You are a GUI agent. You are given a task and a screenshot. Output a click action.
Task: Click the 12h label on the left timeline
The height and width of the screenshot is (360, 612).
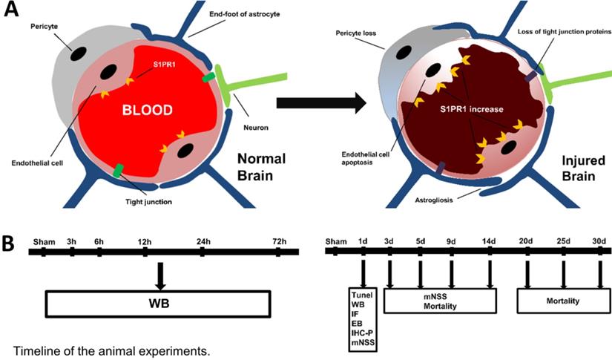point(145,241)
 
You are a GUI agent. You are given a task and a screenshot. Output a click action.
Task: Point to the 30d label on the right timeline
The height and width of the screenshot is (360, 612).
point(600,241)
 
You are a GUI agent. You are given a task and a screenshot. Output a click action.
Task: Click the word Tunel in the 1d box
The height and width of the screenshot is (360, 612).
point(363,295)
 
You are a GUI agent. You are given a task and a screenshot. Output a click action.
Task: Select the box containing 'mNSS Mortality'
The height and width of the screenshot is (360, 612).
point(439,300)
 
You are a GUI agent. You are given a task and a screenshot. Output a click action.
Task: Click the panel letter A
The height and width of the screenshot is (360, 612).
point(11,12)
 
